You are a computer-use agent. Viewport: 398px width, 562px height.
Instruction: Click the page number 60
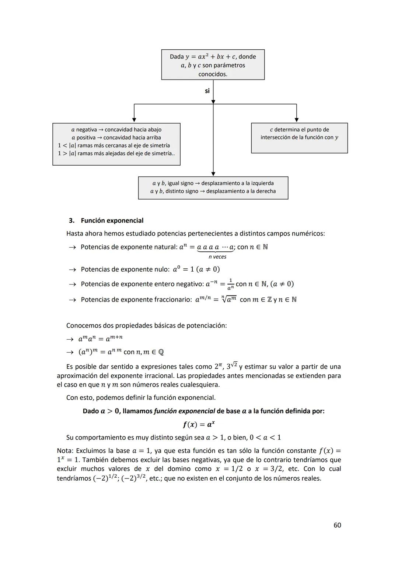click(337, 525)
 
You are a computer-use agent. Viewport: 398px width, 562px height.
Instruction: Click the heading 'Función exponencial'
click(112, 220)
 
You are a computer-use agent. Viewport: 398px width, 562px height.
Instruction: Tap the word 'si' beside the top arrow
click(207, 91)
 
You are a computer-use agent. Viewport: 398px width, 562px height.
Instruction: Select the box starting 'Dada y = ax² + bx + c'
click(213, 65)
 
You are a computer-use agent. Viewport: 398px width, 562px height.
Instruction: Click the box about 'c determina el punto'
click(299, 138)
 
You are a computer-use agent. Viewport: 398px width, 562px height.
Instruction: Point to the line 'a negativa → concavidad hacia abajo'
click(116, 130)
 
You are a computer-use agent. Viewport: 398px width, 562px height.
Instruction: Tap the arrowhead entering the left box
click(134, 120)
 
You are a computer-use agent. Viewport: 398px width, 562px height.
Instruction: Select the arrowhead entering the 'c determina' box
click(296, 120)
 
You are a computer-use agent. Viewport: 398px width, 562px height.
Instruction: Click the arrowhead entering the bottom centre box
click(213, 173)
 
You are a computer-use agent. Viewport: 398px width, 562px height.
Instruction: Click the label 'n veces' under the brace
click(217, 257)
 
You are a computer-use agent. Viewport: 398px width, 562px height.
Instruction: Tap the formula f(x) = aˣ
click(198, 424)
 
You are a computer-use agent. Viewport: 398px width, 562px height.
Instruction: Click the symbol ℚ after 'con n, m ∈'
click(161, 352)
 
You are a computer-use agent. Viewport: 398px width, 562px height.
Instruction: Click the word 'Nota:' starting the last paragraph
click(65, 451)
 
